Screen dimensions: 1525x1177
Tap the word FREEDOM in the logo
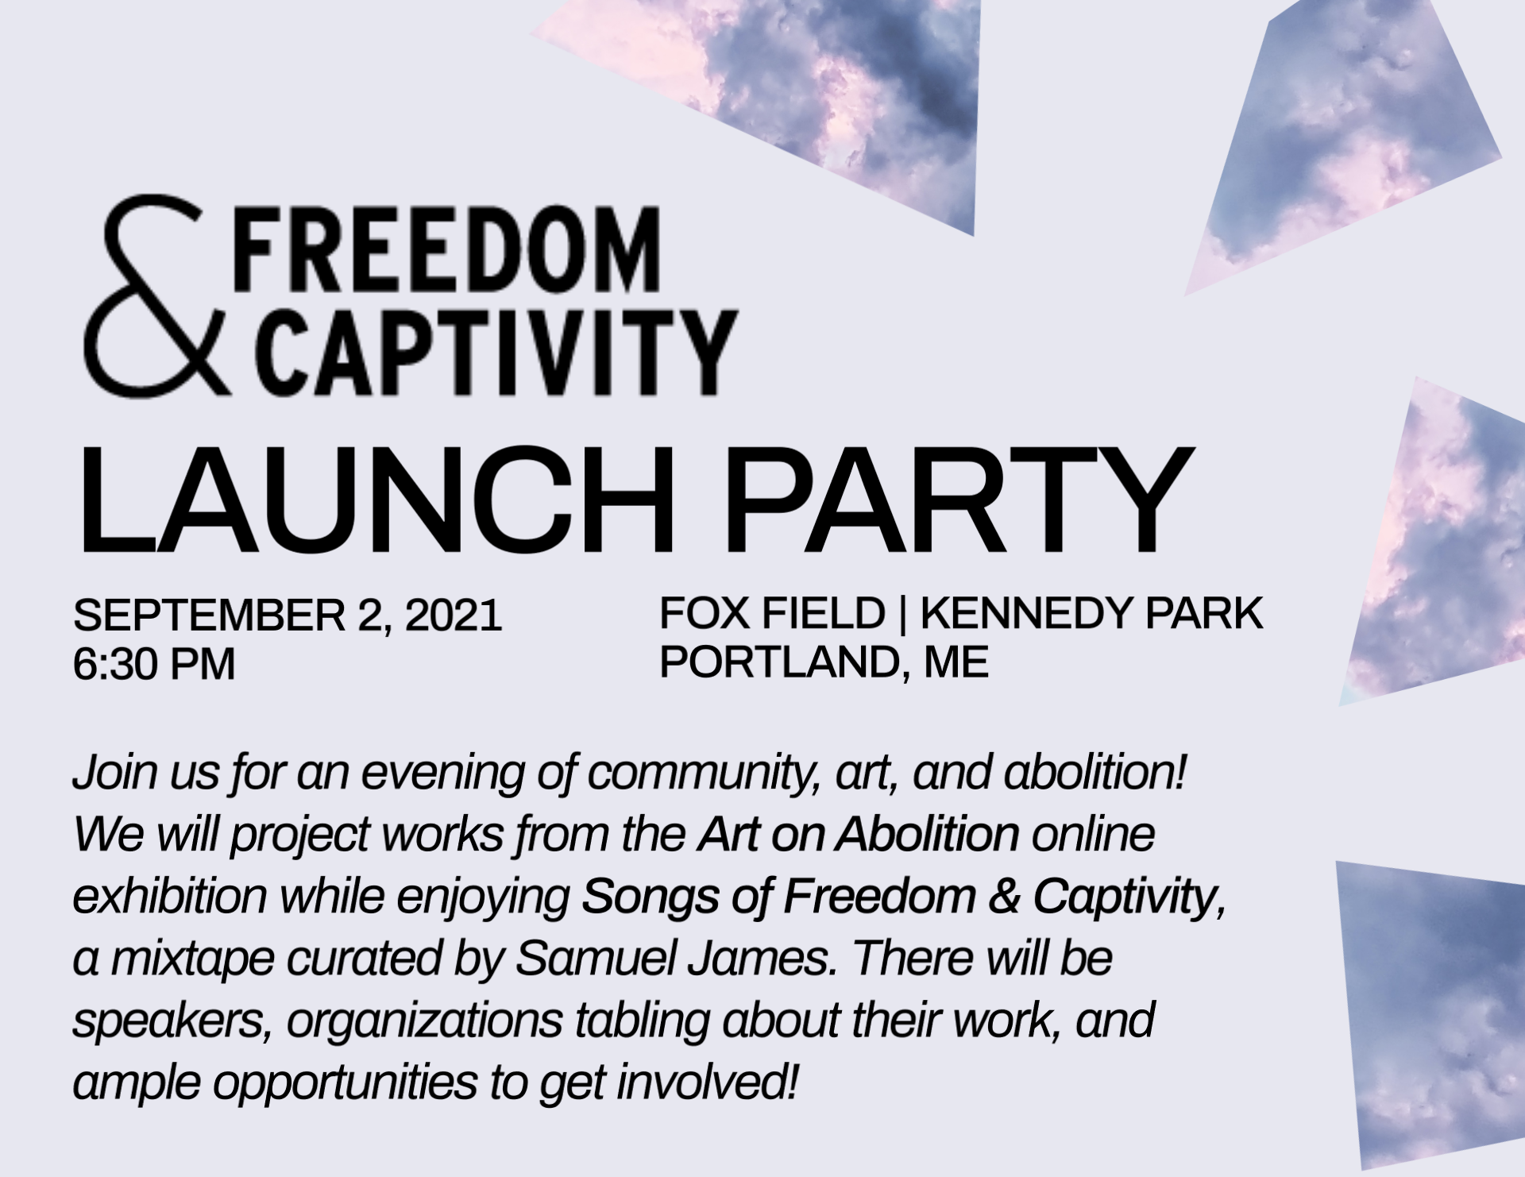pos(447,250)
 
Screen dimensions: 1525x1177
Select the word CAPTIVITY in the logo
pos(496,352)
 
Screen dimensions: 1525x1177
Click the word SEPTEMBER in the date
pos(209,616)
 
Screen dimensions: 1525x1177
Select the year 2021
pos(453,616)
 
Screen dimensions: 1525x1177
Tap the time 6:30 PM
pos(154,664)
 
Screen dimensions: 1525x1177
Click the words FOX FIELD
pos(772,613)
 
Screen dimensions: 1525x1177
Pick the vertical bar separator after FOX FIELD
pos(902,615)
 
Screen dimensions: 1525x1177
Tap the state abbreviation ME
pos(956,662)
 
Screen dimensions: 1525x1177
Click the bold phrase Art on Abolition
pos(859,834)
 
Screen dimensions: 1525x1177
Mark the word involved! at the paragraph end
pos(708,1082)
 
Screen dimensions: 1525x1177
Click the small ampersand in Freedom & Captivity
pos(1004,897)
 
